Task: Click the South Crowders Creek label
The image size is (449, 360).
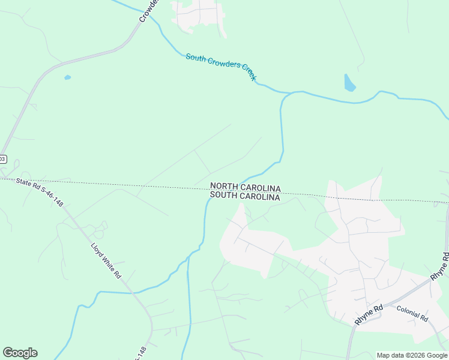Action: click(x=221, y=67)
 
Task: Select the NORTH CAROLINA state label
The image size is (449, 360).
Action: click(x=245, y=188)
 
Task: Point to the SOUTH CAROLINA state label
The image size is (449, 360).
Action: click(x=245, y=197)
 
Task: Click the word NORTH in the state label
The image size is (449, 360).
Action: click(x=224, y=188)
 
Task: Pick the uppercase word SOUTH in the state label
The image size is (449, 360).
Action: click(x=224, y=197)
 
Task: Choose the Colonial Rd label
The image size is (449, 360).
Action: click(x=412, y=313)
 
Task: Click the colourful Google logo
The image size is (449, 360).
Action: click(x=20, y=353)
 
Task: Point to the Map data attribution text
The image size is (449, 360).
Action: click(x=412, y=355)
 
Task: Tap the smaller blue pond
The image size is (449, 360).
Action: click(x=67, y=77)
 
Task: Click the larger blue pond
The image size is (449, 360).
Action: click(x=349, y=83)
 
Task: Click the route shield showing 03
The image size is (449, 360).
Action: click(x=2, y=159)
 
